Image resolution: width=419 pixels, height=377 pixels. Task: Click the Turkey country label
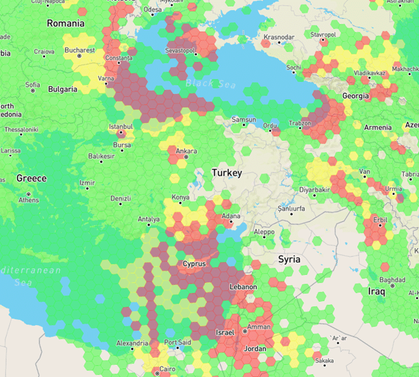pos(226,173)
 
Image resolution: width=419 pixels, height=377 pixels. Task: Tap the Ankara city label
pos(186,151)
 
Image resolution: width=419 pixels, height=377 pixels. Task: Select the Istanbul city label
pos(122,126)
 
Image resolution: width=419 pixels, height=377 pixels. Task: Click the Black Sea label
pos(207,83)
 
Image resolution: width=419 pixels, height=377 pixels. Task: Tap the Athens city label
pos(29,200)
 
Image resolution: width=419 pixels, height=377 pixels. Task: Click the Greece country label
pos(32,178)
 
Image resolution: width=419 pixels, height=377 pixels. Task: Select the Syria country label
pos(289,259)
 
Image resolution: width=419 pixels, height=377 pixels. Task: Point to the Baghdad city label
pos(391,280)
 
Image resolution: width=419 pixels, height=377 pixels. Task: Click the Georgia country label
pos(355,96)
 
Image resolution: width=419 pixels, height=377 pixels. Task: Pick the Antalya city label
pos(149,219)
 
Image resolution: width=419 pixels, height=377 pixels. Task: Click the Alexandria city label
pos(132,343)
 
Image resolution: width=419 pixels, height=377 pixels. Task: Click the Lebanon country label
pos(243,287)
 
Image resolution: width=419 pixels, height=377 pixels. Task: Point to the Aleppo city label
pos(264,231)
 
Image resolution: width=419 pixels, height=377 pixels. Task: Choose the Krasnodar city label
pos(279,37)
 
